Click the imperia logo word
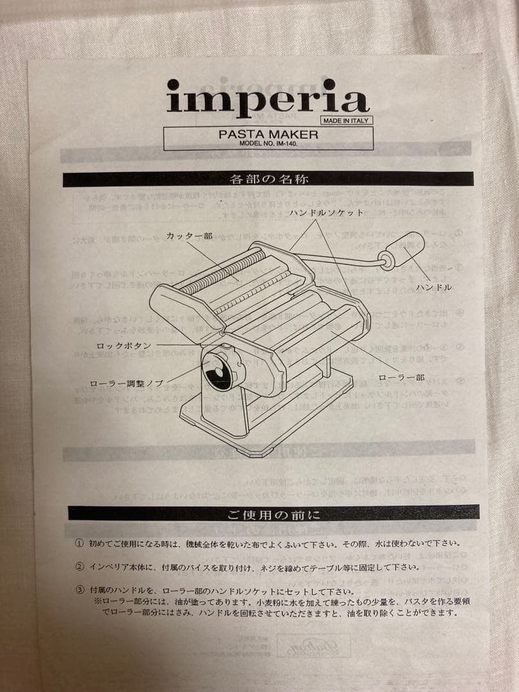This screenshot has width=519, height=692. point(267,101)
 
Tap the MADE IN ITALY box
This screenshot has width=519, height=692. point(345,120)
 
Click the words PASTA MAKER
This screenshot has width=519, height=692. point(268,135)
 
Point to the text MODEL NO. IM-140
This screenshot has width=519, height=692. point(268,145)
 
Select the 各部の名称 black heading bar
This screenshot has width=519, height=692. point(268,179)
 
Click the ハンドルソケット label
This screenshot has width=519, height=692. point(326,212)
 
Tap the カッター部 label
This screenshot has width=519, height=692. point(189,236)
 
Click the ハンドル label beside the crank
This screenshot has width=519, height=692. point(434,288)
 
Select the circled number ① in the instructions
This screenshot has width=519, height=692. point(79,543)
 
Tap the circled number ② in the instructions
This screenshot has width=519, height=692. point(79,567)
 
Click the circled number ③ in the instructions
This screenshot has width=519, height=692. point(79,591)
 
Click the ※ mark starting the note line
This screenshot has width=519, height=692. point(98,602)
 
